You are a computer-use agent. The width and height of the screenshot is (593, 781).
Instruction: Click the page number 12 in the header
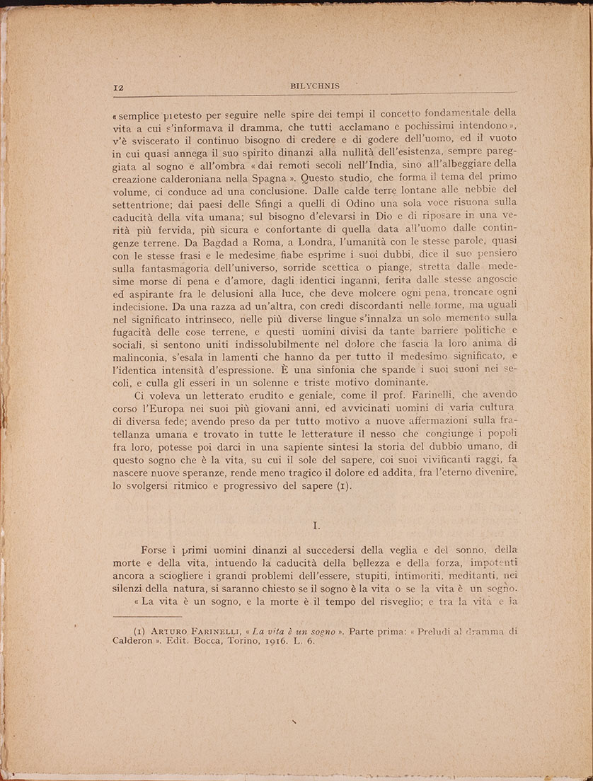(118, 87)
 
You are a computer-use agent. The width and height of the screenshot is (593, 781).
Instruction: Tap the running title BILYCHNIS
(315, 86)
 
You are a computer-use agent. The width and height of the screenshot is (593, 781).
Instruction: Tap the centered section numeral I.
(318, 526)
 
